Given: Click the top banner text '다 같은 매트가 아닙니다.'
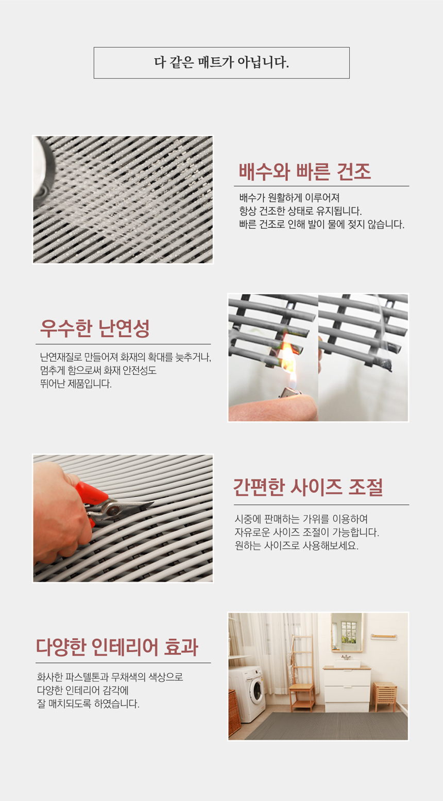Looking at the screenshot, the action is click(221, 63).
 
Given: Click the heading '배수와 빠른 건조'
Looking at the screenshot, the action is click(305, 171).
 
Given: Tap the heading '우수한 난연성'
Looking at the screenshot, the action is click(95, 328).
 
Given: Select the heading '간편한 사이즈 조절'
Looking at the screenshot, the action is click(308, 487).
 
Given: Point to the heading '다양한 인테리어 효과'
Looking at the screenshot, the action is click(117, 647).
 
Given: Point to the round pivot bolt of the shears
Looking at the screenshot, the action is click(114, 509).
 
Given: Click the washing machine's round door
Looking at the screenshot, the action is click(257, 691).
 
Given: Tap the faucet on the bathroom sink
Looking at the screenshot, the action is click(346, 657).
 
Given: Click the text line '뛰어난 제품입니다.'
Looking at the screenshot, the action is click(76, 384).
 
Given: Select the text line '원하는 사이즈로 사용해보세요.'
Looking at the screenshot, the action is click(296, 546).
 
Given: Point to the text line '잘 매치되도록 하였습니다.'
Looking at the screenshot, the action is click(88, 704).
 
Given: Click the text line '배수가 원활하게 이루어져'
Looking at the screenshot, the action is click(289, 197).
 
